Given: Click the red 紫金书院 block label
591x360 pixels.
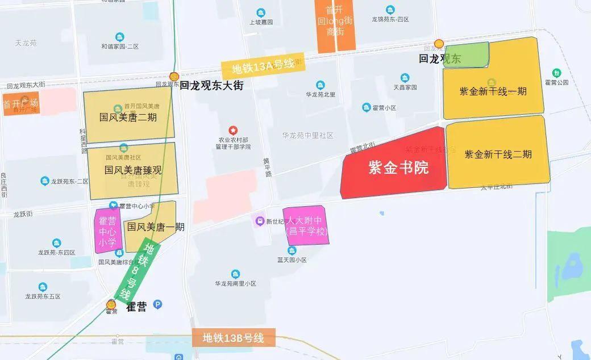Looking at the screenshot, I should pos(398,168).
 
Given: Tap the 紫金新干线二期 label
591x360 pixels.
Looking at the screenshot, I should pos(498,154).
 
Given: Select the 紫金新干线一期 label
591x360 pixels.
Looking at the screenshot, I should pos(493,91).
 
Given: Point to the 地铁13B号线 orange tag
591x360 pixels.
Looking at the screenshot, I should pos(234,338).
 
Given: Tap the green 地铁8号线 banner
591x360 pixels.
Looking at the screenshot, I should pos(139,271).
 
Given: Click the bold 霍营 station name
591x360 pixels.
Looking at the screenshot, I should pos(135,307).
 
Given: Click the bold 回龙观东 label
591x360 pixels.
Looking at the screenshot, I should pos(440,58).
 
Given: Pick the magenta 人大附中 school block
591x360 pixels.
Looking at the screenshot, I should pos(307,225).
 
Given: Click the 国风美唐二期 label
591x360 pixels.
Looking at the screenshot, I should pos(128,118).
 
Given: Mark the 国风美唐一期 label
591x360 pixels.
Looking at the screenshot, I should pos(156,227).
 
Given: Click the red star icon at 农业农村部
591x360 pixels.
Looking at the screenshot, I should pos(232,131).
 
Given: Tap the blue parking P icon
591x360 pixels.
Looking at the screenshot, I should pos(158,304).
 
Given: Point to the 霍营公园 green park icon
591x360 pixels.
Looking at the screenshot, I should pos(556,73).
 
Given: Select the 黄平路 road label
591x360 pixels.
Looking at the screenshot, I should pos(266,168).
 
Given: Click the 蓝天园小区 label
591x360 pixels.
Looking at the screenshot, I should pos(292,259).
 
